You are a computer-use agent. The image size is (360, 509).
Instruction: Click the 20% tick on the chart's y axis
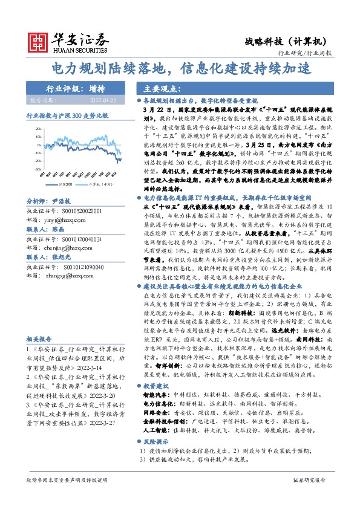point(38,129)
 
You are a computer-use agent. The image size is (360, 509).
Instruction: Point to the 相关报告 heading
point(39,339)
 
